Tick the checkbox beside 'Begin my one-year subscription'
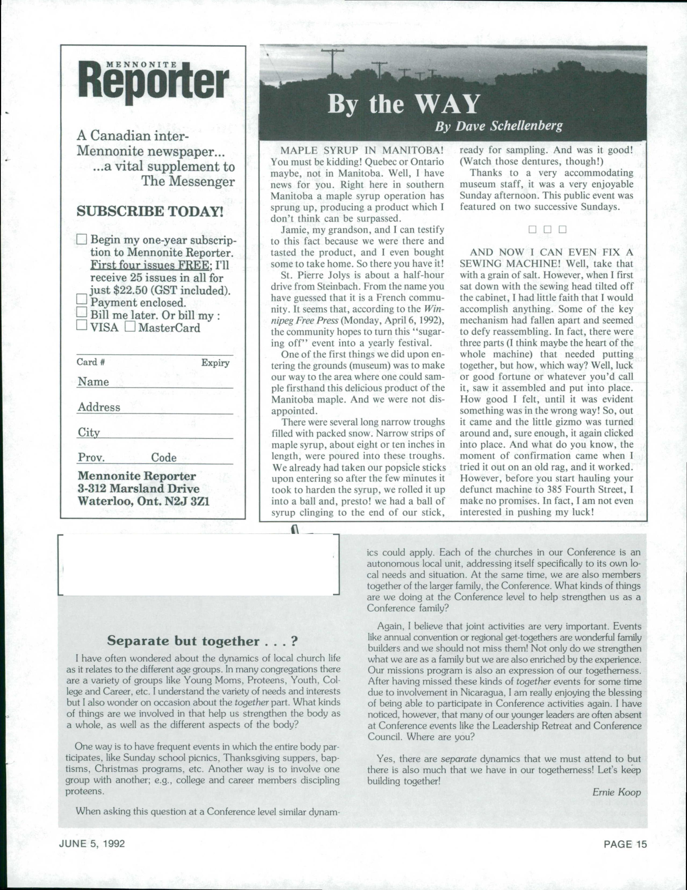(x=82, y=239)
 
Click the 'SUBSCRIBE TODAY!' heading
(x=150, y=212)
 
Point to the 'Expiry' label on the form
(x=215, y=363)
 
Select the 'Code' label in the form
(x=164, y=457)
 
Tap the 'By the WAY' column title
(x=403, y=104)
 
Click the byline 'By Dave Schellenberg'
(x=498, y=126)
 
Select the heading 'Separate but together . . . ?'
(x=202, y=641)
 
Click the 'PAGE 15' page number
(x=625, y=844)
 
